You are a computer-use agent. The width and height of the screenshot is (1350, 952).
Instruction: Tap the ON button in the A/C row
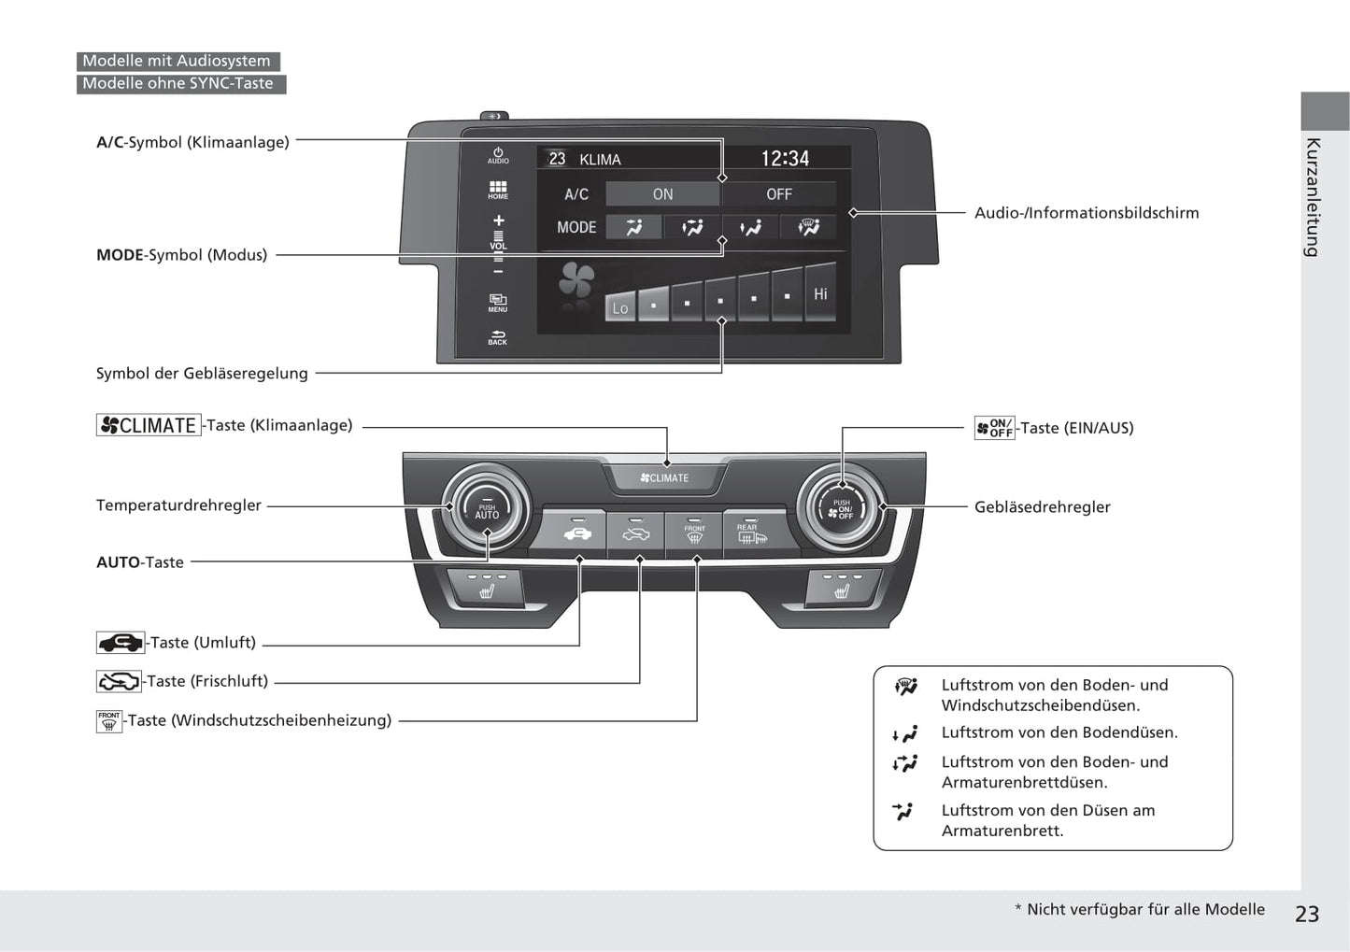[662, 194]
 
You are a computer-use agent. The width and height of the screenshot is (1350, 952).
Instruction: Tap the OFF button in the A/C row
[778, 194]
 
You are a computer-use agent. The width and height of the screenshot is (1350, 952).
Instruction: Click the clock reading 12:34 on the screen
[785, 159]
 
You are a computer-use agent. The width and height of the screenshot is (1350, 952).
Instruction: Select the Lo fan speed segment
[620, 306]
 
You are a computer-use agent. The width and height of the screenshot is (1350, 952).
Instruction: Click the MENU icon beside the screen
[498, 303]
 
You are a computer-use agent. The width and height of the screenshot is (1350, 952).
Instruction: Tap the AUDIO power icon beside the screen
[498, 155]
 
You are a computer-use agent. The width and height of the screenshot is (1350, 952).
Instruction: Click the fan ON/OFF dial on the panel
[842, 509]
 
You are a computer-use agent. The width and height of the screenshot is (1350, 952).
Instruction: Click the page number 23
[1307, 914]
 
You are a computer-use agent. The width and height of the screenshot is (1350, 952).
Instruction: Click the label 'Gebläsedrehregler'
[1042, 506]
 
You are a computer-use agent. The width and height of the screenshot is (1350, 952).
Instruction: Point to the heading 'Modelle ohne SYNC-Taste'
[178, 83]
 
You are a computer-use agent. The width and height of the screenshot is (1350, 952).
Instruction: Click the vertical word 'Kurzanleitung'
[1313, 197]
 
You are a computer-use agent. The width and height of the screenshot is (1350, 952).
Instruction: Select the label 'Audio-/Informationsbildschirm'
[1086, 213]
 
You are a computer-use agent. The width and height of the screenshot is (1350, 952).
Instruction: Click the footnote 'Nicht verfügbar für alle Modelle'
[1144, 909]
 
